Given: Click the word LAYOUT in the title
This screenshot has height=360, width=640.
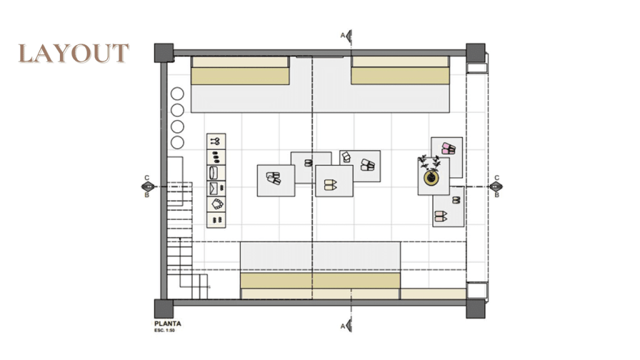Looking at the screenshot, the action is (74, 54).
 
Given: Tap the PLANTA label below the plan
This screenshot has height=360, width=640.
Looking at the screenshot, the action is (167, 324).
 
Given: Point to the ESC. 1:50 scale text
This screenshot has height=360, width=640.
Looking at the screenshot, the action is (164, 330).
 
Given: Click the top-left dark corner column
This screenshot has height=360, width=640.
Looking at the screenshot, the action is (164, 52).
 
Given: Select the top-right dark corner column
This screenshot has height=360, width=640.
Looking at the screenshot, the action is (476, 52).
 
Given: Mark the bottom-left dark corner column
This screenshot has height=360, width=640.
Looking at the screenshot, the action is (164, 309).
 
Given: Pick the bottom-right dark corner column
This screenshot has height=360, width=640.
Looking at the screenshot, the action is (476, 309).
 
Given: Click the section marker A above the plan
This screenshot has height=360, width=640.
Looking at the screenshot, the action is (347, 36).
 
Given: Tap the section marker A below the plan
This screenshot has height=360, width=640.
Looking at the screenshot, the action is (347, 326).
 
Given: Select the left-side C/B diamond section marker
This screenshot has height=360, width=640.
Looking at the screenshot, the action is (147, 186).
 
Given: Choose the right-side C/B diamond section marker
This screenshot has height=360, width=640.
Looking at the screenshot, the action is (496, 186).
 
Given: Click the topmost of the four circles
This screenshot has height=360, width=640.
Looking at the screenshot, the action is (177, 94).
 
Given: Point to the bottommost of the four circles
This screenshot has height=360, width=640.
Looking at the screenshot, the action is (177, 142).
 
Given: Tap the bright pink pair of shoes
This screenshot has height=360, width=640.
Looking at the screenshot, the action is (448, 149).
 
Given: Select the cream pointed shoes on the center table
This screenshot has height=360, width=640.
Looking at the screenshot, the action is (330, 185).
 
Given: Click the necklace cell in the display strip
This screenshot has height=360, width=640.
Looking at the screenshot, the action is (217, 204).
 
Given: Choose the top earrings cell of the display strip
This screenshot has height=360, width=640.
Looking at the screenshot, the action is (216, 142).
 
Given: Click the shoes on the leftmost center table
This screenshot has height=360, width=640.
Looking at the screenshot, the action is (274, 178).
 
